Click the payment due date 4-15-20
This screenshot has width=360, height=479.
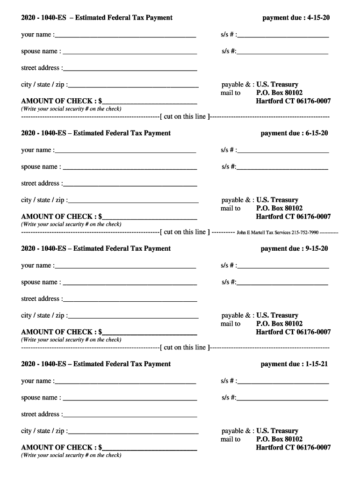(318, 18)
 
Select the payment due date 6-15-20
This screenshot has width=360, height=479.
(316, 133)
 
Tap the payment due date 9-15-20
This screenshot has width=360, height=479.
(316, 248)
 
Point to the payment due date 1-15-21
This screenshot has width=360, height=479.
(316, 364)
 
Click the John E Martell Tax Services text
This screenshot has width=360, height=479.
(278, 232)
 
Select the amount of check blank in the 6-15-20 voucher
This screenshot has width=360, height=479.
(150, 218)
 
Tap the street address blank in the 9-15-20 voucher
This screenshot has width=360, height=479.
(130, 300)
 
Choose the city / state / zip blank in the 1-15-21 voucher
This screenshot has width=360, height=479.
(133, 432)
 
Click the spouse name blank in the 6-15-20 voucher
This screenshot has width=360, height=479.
(130, 168)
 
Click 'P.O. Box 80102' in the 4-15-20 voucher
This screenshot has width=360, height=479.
(279, 93)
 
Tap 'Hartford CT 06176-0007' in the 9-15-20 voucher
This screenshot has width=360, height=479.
(293, 332)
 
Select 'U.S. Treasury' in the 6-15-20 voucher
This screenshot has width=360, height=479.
(277, 200)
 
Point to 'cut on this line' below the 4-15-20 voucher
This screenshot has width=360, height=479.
(185, 116)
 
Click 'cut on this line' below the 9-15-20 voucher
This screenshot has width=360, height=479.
(185, 347)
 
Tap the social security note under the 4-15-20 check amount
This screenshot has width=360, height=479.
(71, 109)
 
